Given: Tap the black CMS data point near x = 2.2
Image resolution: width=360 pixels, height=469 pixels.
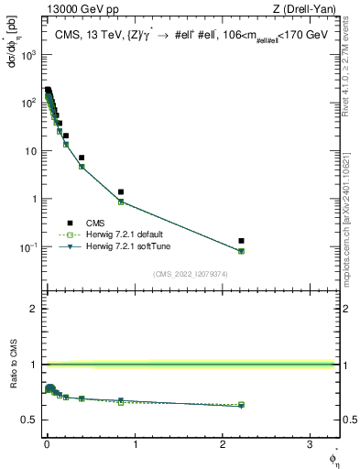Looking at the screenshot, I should click(241, 241).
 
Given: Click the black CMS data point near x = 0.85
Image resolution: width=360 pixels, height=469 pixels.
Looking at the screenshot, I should click(121, 192).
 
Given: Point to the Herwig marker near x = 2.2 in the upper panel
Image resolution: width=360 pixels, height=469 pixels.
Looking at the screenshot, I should click(241, 251).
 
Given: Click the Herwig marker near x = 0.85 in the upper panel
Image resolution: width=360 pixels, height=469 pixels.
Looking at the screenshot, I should click(121, 202).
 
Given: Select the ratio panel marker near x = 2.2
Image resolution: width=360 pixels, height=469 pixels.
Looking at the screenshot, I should click(241, 404).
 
